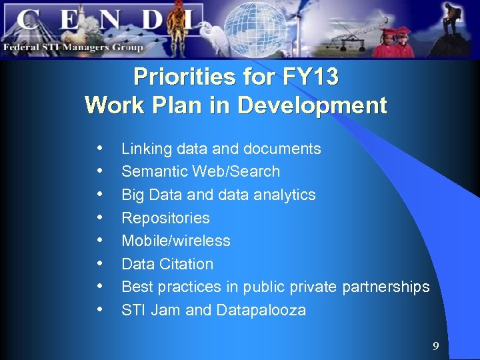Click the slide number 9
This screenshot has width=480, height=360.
(x=435, y=346)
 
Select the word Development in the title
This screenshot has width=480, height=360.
(x=321, y=105)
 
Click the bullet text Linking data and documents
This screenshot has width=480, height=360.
(x=221, y=149)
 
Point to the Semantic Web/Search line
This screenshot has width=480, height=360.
(x=200, y=171)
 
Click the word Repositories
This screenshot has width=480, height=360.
(x=165, y=218)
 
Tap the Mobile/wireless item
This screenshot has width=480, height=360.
(x=175, y=241)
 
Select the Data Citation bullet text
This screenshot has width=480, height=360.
(x=167, y=264)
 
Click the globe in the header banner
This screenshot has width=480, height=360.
(x=247, y=27)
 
